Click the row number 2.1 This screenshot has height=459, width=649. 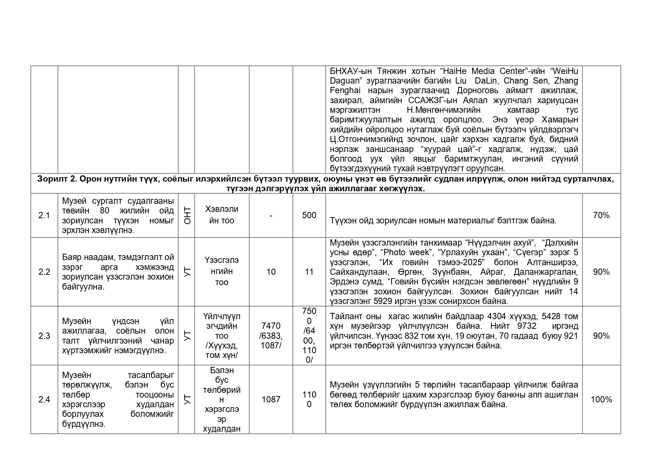click(44, 215)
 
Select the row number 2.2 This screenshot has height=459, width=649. click(44, 272)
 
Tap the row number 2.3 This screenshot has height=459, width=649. click(44, 336)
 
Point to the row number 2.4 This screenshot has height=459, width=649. click(44, 399)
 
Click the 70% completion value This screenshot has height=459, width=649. click(601, 215)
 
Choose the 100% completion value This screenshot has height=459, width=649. click(601, 399)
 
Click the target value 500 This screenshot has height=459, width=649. click(309, 215)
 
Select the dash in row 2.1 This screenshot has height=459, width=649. click(271, 216)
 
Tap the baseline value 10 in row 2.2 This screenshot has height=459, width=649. click(271, 272)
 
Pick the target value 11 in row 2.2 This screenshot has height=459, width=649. click(309, 272)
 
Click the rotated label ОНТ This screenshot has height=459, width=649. click(187, 216)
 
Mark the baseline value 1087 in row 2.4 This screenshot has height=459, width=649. click(271, 399)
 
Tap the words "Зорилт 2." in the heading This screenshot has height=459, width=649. click(57, 179)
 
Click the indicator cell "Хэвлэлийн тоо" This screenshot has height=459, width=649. click(222, 215)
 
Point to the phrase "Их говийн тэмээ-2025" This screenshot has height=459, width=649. click(432, 262)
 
